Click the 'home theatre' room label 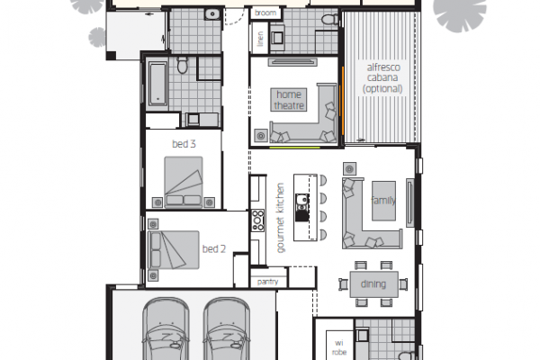(x=289, y=100)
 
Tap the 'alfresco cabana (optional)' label (x=382, y=78)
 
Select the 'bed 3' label (x=184, y=144)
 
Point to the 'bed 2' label (x=214, y=248)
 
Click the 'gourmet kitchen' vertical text (x=281, y=218)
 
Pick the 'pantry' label (x=267, y=282)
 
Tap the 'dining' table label (x=373, y=283)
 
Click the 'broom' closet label (x=265, y=13)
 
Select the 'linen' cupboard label (x=260, y=39)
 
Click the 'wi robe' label (x=339, y=347)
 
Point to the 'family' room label (x=383, y=200)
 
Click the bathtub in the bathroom (x=157, y=84)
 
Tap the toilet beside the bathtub (x=182, y=65)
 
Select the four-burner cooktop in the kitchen (x=257, y=220)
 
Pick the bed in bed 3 (x=184, y=182)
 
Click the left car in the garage (x=166, y=329)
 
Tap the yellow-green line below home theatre (x=294, y=148)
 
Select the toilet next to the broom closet (x=330, y=19)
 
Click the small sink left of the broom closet (x=212, y=14)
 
